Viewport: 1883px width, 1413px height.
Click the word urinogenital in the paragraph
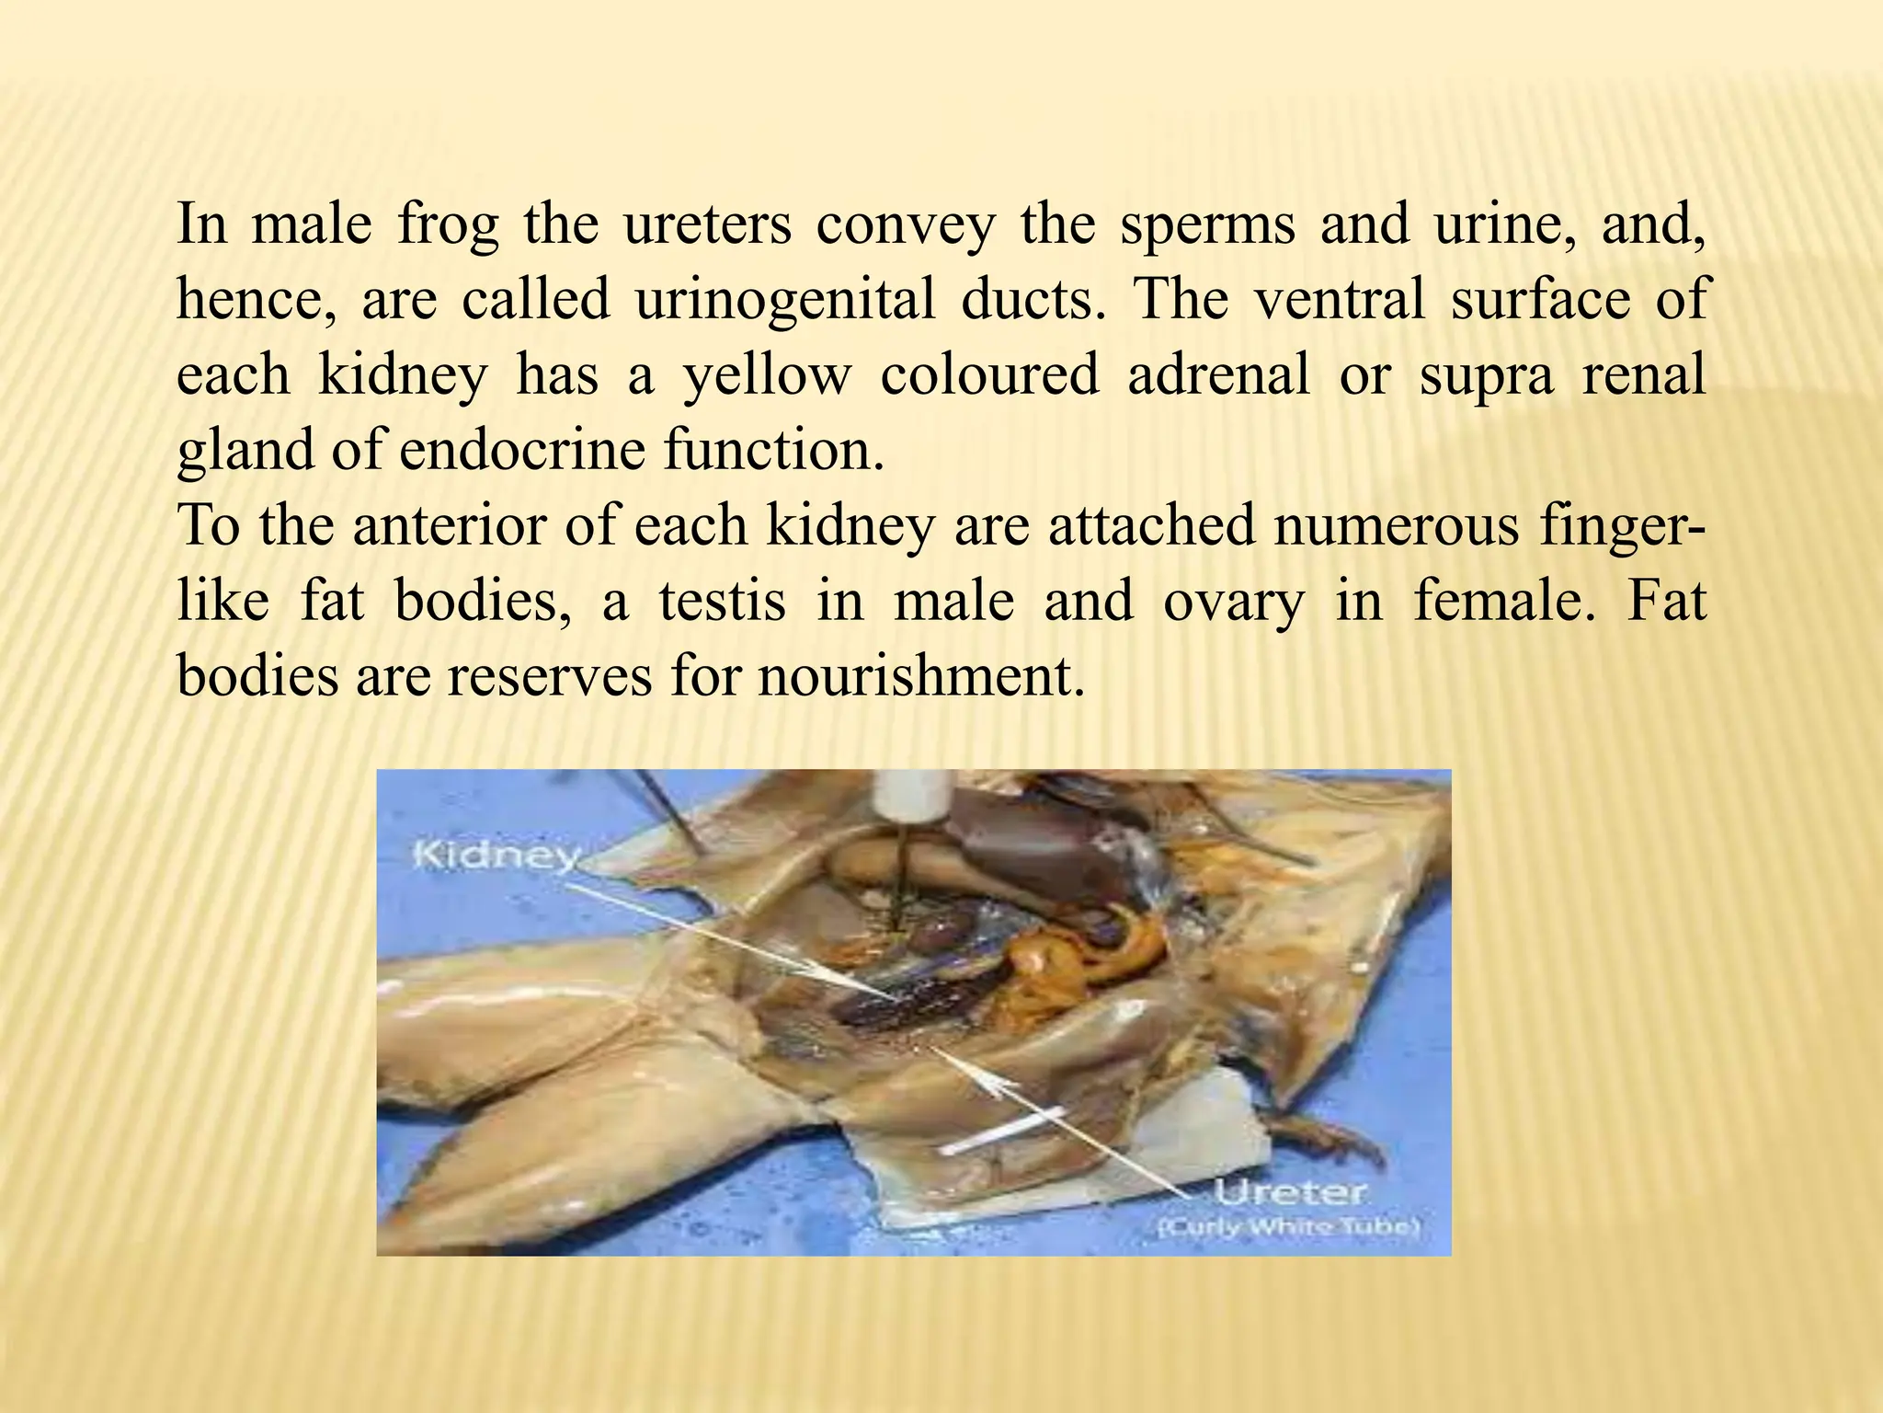784,300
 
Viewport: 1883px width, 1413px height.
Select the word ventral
1339,300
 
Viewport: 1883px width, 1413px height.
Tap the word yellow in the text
767,375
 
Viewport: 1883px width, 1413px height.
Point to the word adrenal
1217,375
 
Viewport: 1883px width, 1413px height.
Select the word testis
722,601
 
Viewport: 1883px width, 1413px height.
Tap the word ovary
1233,601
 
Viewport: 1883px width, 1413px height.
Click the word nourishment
917,676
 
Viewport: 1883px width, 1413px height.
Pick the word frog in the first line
449,224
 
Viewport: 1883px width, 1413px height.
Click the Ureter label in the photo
1289,1194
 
